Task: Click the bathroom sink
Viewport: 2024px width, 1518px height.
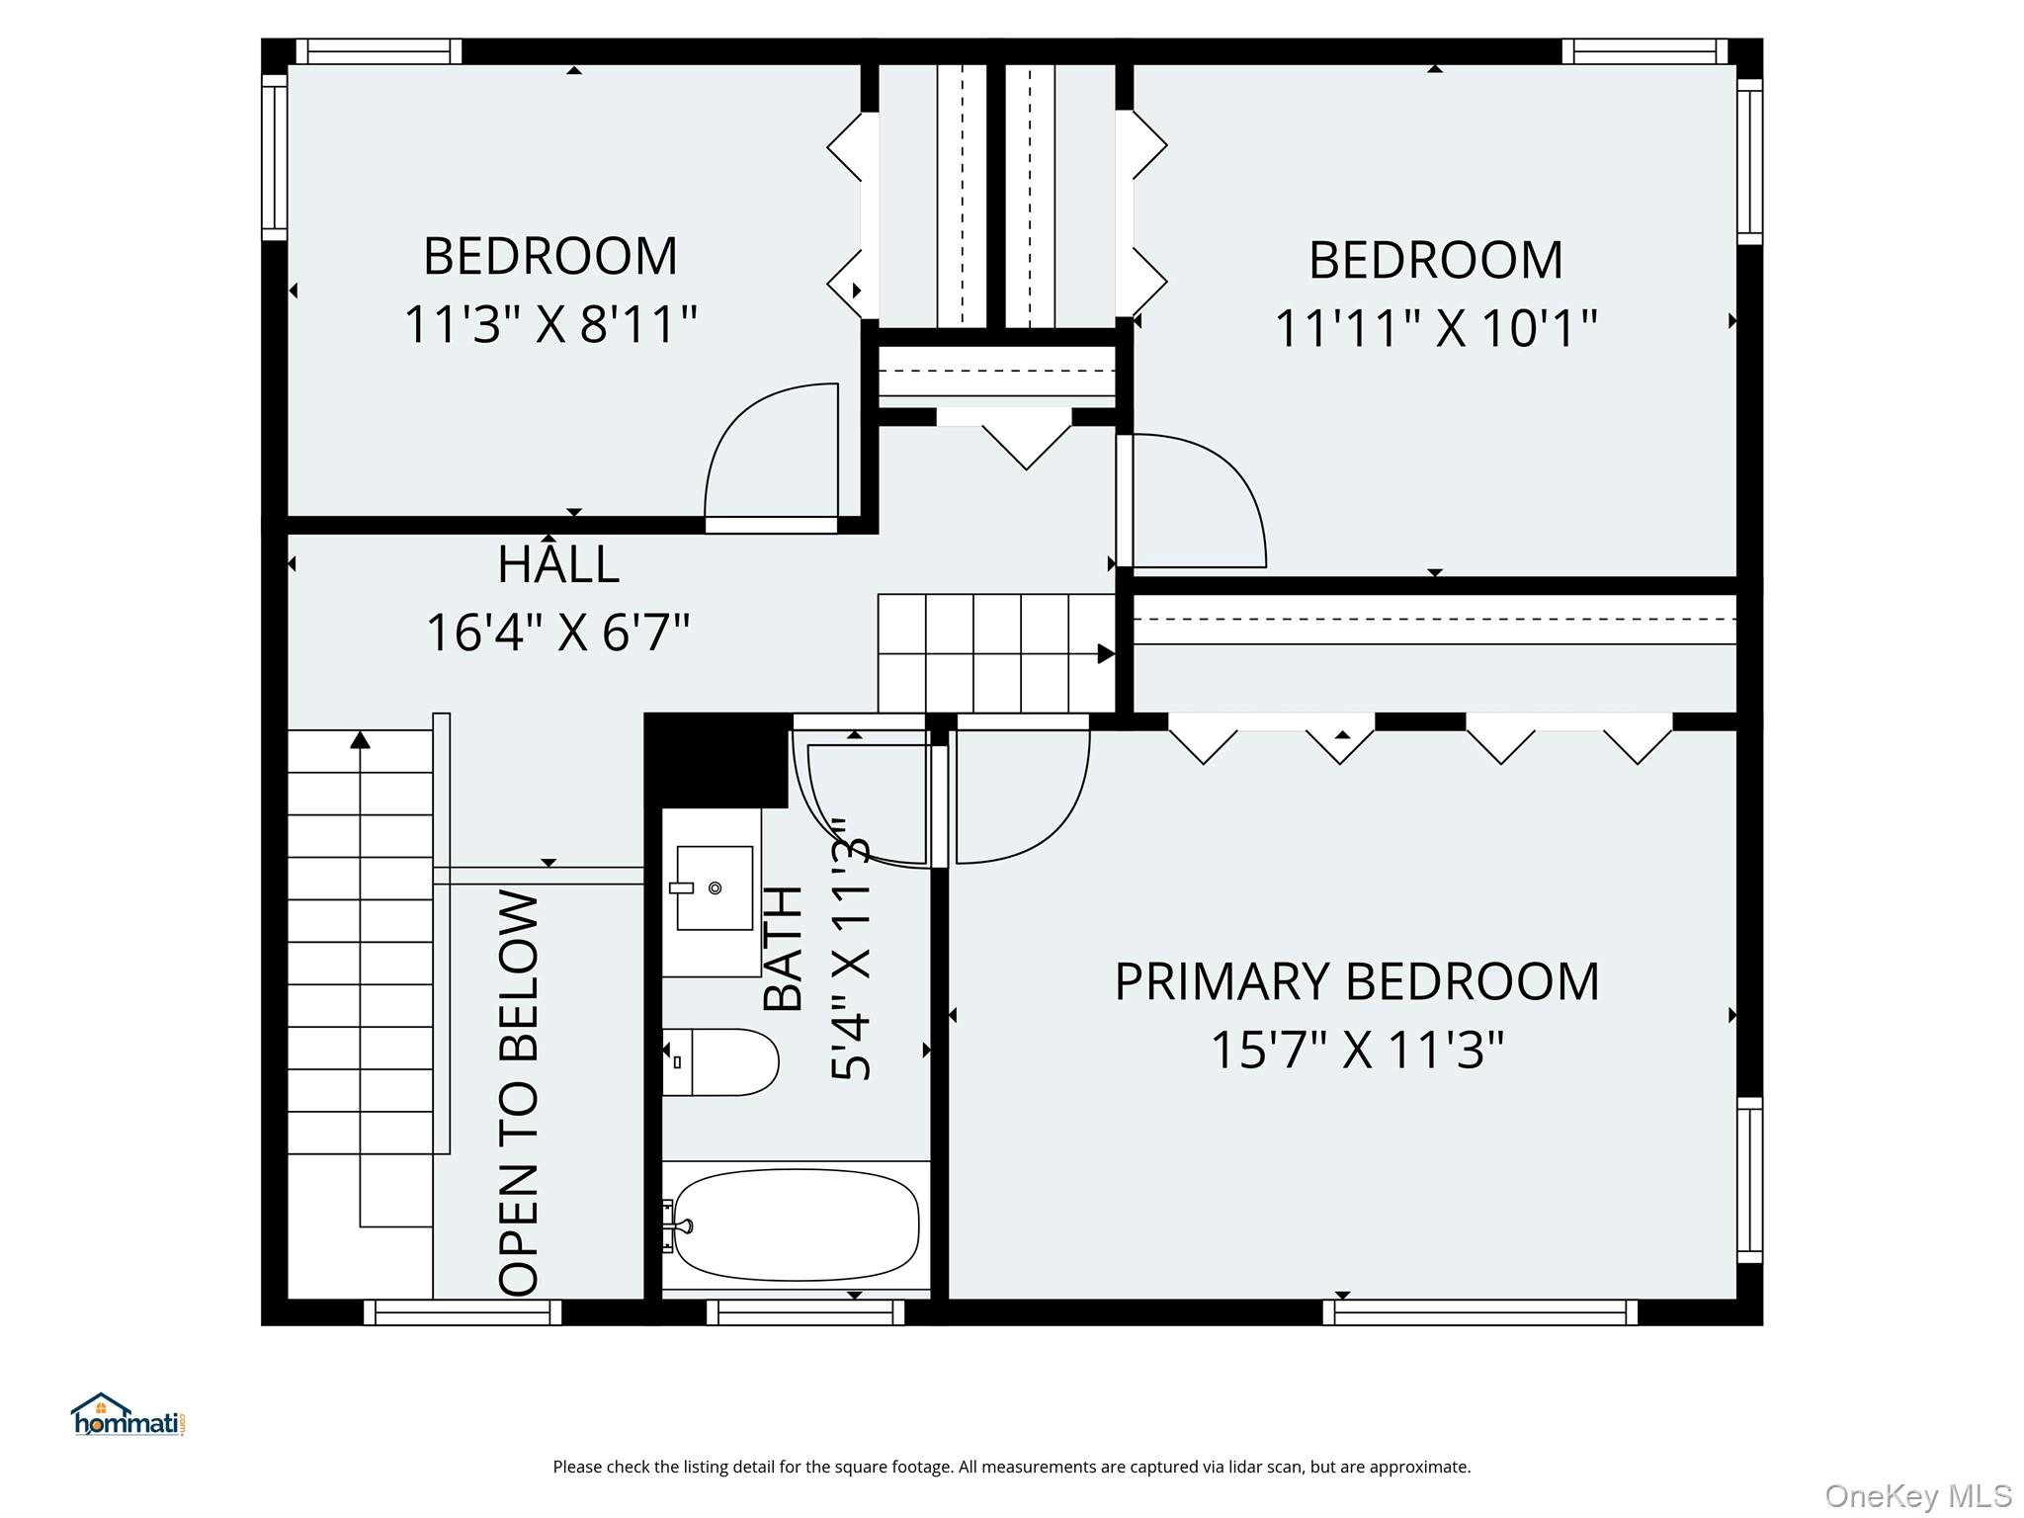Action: pos(714,887)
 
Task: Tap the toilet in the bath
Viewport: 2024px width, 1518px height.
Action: pos(720,1062)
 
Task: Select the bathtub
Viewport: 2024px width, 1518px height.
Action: pos(794,1225)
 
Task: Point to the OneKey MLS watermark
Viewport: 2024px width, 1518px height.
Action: pos(1918,1496)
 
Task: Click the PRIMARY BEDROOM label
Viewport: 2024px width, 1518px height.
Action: pos(1357,982)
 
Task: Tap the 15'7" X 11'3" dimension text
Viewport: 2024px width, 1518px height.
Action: pos(1357,1051)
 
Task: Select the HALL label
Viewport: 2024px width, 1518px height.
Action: pos(558,564)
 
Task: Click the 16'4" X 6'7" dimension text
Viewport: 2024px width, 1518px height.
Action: pos(558,632)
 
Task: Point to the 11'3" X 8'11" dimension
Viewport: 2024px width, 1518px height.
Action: pos(550,324)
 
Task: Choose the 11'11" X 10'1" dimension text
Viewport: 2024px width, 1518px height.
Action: pos(1436,328)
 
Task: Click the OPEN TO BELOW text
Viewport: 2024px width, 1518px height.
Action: pos(520,1093)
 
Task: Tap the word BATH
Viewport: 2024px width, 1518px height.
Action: pos(784,948)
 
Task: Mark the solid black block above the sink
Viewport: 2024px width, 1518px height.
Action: pos(717,760)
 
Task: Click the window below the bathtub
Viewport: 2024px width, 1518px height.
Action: pos(805,1312)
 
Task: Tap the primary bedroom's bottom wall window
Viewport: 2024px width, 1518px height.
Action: pos(1479,1312)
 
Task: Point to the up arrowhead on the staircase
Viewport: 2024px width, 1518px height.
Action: pos(361,739)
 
